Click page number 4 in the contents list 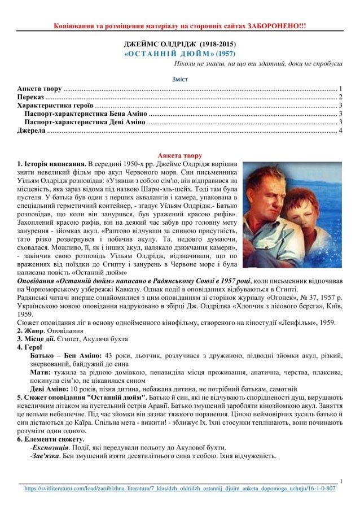click(340, 130)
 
